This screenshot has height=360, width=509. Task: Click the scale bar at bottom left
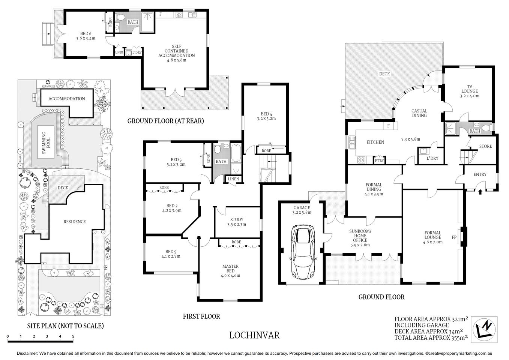point(41,340)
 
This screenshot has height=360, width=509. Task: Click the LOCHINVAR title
point(254,335)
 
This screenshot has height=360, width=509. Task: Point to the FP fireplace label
point(454,237)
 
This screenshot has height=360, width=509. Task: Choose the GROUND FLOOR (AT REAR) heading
point(165,121)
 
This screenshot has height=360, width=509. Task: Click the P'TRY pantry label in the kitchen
point(379,160)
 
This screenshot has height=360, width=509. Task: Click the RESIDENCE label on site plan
point(74,222)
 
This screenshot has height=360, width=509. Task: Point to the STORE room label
point(485,146)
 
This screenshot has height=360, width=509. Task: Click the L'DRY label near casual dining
point(432,158)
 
